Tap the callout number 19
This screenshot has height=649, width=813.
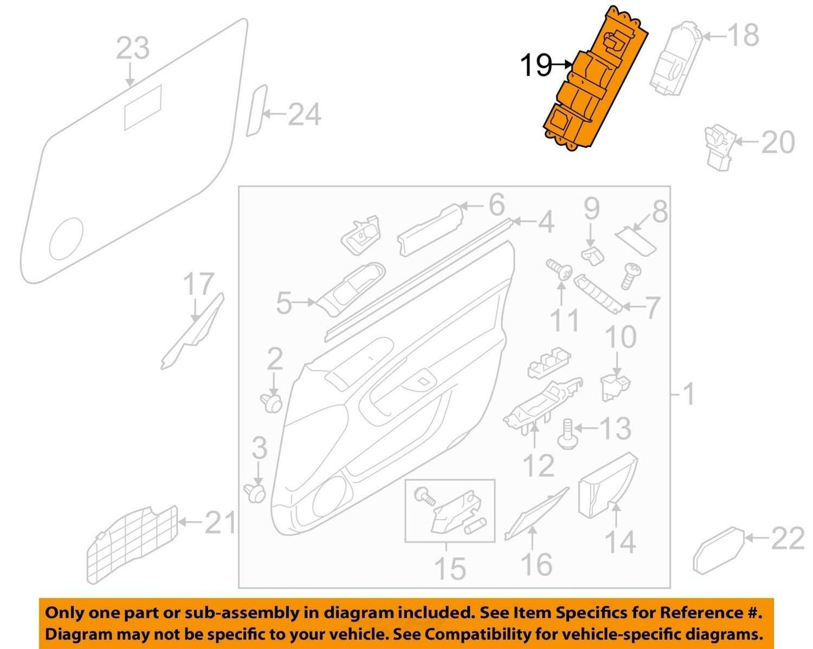(x=536, y=65)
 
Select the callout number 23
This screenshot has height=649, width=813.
(x=132, y=48)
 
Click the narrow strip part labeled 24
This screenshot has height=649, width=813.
(x=257, y=111)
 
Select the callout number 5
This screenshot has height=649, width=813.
(x=284, y=302)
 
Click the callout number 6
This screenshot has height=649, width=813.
(x=496, y=204)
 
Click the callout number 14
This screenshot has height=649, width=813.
(x=621, y=543)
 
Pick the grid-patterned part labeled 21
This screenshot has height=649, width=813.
(x=132, y=544)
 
